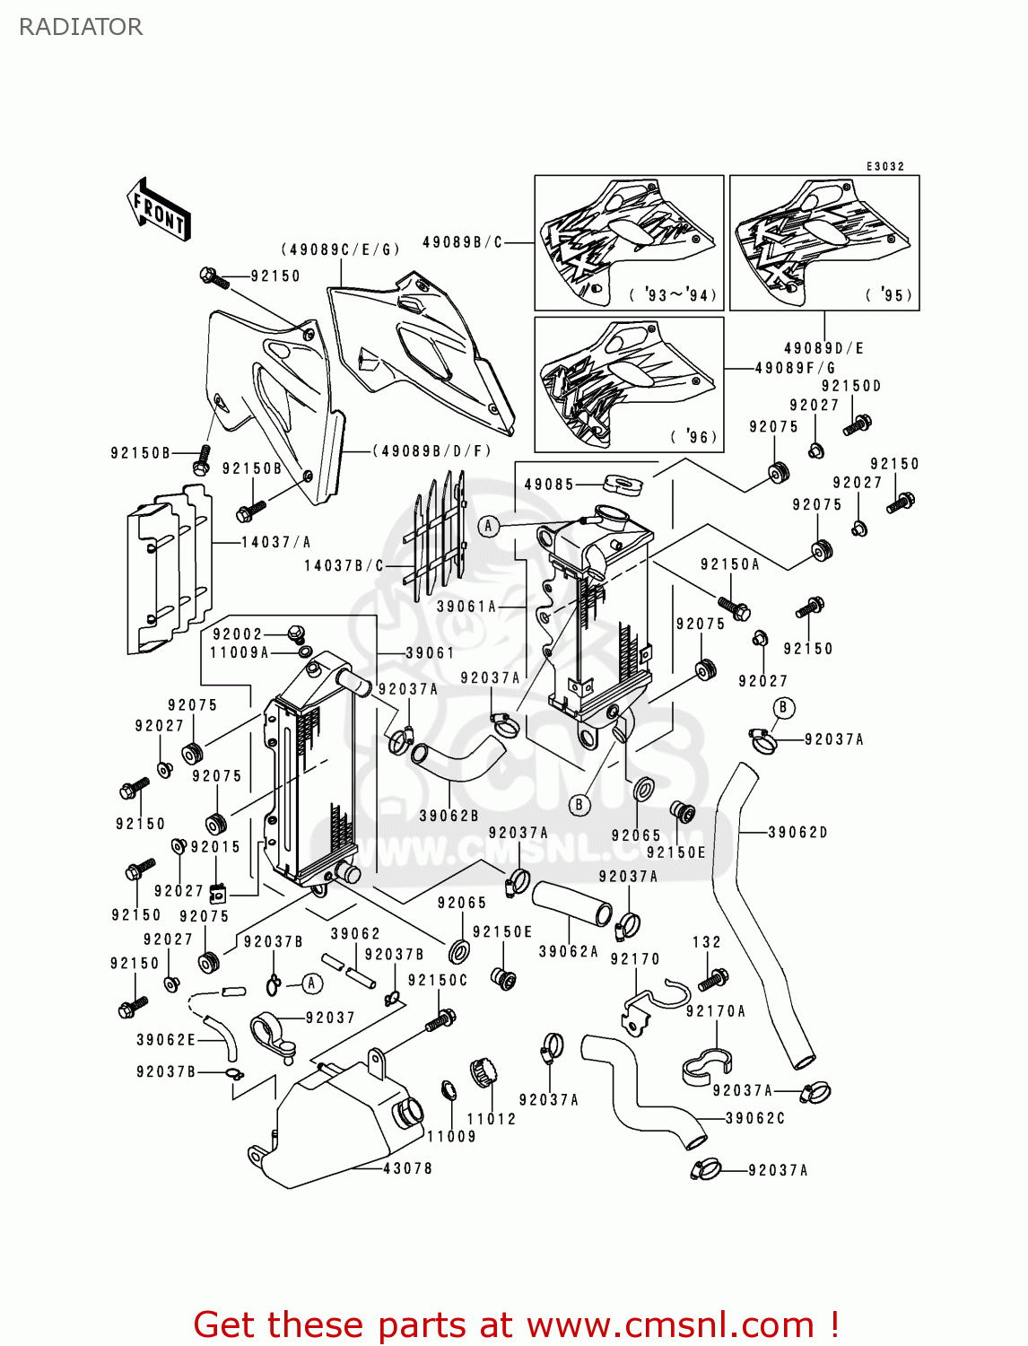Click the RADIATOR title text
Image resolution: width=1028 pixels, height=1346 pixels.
81,27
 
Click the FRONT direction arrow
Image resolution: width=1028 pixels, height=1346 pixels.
159,210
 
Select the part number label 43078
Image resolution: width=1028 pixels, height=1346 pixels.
407,1168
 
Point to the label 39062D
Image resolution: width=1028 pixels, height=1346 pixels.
797,833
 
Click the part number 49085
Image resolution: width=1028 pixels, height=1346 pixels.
549,485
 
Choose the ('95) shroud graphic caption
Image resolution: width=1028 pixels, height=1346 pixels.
890,295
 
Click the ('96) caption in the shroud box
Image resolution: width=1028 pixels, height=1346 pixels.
694,437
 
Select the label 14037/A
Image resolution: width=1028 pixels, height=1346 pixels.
275,542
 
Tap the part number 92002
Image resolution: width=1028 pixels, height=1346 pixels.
238,634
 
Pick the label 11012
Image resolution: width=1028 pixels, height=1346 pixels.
492,1119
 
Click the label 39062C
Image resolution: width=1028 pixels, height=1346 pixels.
755,1118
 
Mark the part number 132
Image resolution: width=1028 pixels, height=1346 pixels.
707,942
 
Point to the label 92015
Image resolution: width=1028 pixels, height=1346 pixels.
215,847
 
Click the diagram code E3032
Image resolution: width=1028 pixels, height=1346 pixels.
885,167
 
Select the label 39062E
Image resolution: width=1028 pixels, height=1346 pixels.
166,1040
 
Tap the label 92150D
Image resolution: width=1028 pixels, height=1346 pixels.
851,386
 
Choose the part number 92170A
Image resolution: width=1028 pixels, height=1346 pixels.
715,1011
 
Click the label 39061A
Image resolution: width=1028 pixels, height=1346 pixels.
466,607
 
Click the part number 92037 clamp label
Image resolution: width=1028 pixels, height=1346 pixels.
330,1018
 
